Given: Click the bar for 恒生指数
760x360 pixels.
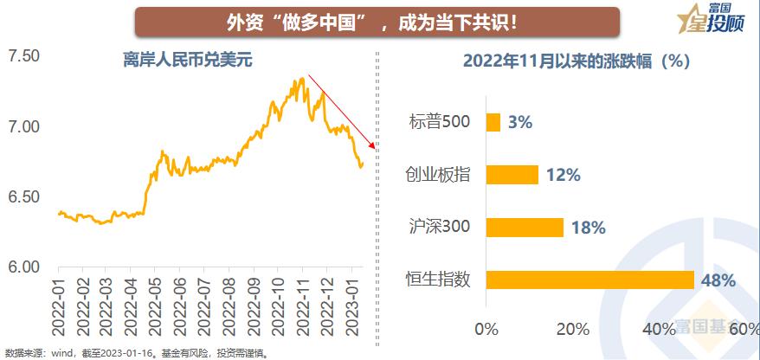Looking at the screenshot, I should click(x=590, y=280).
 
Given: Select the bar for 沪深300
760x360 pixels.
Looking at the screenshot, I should click(x=525, y=228).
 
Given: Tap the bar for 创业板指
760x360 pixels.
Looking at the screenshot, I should click(x=512, y=175).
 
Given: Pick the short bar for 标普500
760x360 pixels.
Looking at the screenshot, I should click(x=493, y=122).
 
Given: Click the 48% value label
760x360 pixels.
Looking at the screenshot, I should click(x=718, y=280).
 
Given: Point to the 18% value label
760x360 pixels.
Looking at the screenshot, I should click(x=588, y=228).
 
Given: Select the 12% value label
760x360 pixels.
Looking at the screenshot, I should click(x=563, y=175).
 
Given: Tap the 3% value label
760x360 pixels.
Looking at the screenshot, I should click(x=520, y=122).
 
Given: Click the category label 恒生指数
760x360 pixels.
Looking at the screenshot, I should click(x=438, y=279).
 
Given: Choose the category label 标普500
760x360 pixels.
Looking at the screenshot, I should click(x=440, y=121).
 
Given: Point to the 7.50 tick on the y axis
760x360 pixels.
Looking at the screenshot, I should click(x=24, y=56).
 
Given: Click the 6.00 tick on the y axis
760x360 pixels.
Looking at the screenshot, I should click(x=24, y=267).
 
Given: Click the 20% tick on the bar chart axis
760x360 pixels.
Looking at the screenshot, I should click(x=573, y=329).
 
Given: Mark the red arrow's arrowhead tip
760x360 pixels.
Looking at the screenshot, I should click(x=375, y=149).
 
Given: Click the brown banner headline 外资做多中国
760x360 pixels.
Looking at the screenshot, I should click(x=377, y=21).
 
